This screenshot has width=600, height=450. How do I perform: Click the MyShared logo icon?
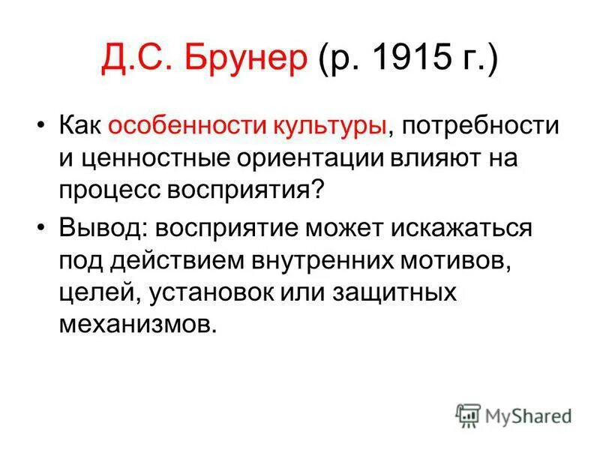click(x=468, y=415)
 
